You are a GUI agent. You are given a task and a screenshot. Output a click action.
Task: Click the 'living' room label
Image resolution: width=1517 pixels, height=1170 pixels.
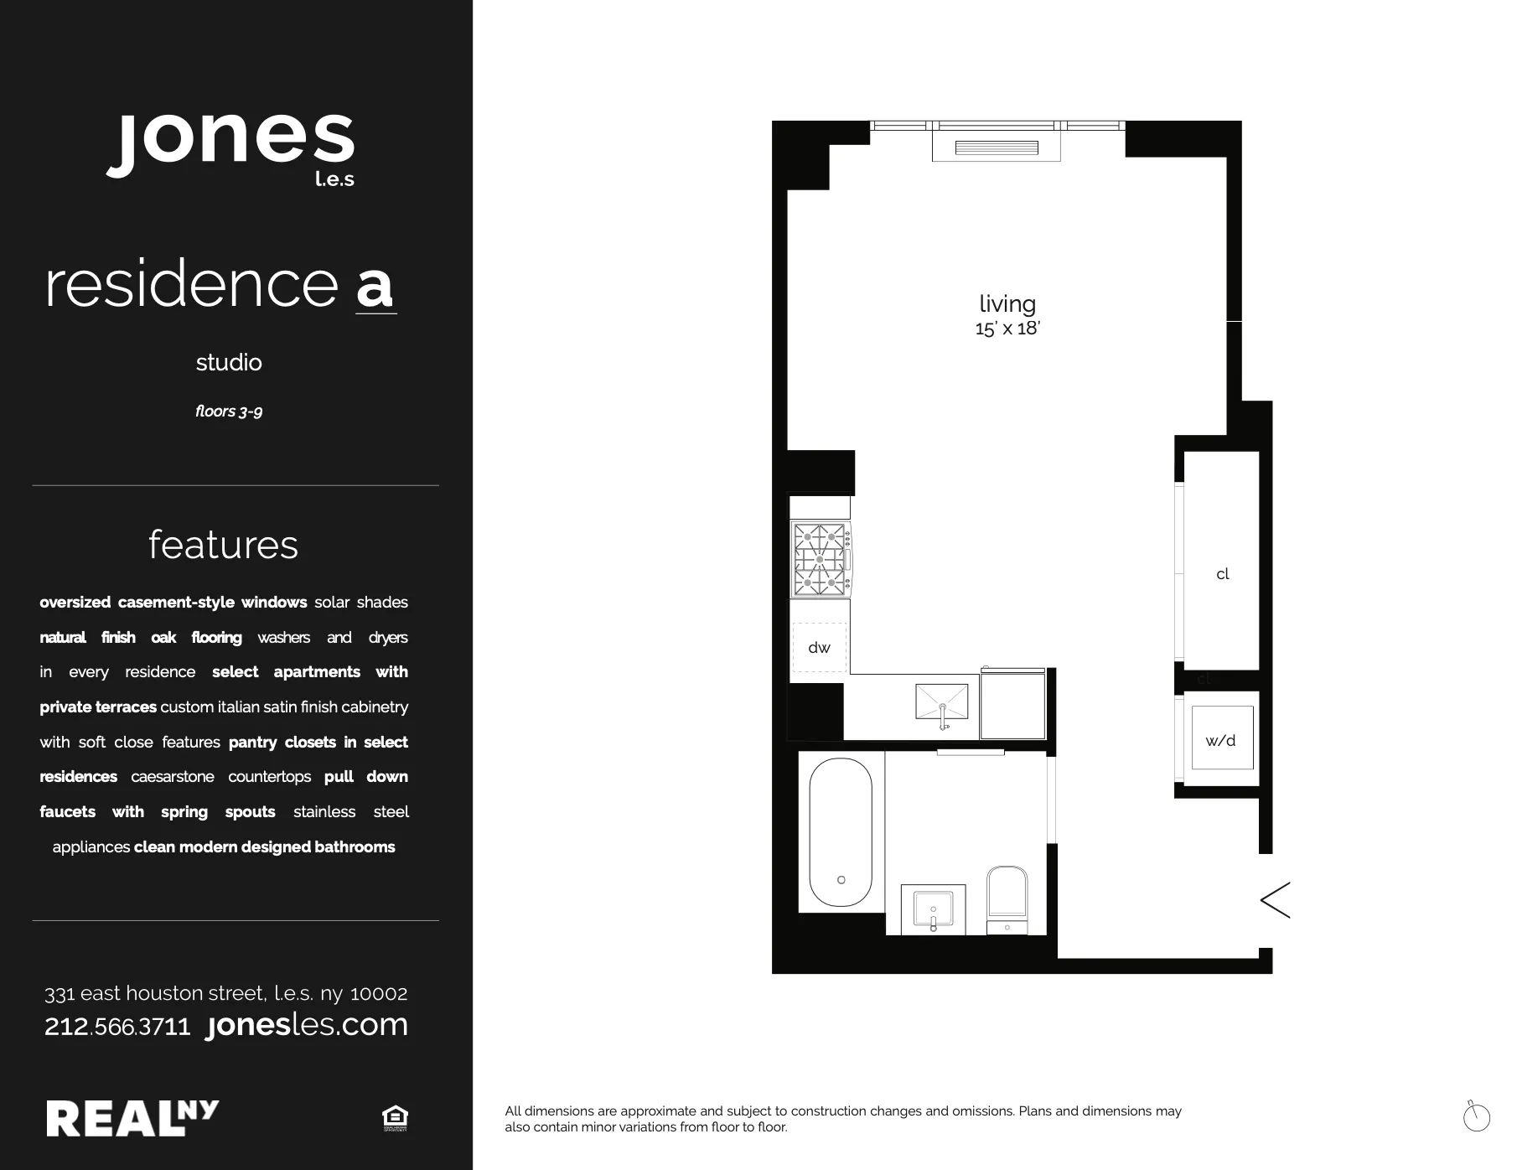coord(1007,303)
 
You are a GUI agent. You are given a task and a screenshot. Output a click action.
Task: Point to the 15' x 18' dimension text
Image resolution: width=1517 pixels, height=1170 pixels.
coord(1007,329)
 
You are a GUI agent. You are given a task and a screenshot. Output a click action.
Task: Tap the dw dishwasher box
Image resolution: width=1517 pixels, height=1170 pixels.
coord(819,647)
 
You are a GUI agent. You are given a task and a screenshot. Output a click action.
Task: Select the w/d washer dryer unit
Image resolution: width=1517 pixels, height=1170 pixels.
coord(1221,738)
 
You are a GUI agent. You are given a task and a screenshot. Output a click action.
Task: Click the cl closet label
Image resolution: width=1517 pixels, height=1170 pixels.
coord(1222,574)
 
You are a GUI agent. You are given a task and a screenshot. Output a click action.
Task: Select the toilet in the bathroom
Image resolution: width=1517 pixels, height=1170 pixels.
coord(1007,897)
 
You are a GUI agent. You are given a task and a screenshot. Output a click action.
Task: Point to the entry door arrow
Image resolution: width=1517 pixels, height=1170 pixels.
coord(1275,900)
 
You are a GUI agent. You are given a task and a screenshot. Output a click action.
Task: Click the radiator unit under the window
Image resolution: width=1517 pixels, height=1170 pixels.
coord(997,148)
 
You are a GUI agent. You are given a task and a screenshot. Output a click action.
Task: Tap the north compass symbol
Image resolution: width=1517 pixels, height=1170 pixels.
coord(1476,1117)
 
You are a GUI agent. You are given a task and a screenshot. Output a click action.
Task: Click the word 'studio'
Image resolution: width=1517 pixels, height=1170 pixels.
coord(229,362)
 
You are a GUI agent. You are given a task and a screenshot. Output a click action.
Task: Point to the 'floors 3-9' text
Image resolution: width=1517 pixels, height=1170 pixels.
coord(229,411)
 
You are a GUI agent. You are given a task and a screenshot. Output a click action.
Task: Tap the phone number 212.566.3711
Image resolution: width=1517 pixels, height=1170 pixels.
coord(117,1026)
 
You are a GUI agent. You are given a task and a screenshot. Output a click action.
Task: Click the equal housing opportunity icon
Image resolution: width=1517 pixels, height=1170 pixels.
coord(394,1118)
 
